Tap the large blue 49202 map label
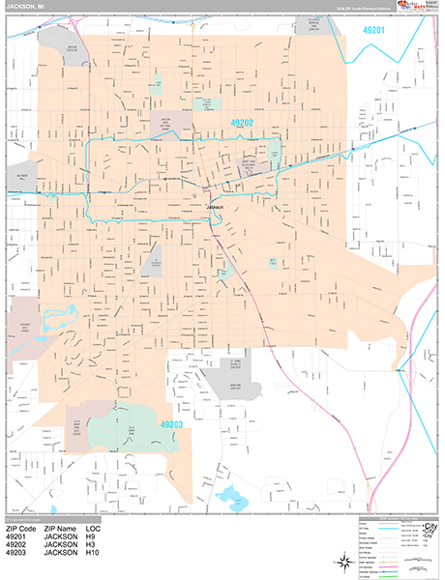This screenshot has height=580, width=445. [242, 124]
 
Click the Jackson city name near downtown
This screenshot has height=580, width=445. [215, 207]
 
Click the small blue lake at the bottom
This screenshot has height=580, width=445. [233, 497]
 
